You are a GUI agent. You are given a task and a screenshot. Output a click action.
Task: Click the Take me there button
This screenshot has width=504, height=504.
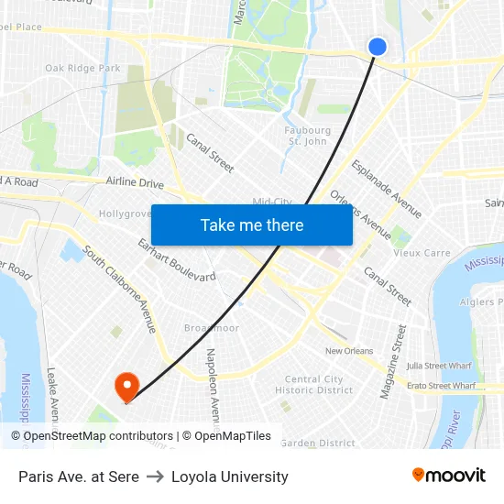[252, 225]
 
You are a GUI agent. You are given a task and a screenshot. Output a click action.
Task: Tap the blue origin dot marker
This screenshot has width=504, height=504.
[377, 47]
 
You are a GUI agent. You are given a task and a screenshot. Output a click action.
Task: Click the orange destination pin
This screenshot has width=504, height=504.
[125, 387]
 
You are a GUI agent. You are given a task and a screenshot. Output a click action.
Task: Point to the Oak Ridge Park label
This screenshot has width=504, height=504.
[82, 68]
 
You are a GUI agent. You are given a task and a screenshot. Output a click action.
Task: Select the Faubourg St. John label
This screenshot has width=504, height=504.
[307, 136]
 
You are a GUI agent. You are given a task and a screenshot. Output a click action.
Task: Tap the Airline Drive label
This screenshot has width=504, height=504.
[135, 182]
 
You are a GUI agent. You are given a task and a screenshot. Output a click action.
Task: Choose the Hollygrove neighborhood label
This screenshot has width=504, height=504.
[125, 214]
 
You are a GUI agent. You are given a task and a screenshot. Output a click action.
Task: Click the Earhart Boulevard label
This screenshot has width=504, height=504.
[177, 260]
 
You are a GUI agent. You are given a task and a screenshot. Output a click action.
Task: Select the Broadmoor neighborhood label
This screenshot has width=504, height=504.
[211, 327]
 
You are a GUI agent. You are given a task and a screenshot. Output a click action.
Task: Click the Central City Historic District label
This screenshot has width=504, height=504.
[314, 385]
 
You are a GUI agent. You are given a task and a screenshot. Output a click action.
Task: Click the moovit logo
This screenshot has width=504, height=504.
[449, 476]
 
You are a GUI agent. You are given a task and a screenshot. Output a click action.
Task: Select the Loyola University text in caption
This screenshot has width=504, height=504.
[230, 477]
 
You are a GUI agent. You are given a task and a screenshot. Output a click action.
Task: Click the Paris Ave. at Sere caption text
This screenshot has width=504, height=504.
[79, 477]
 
